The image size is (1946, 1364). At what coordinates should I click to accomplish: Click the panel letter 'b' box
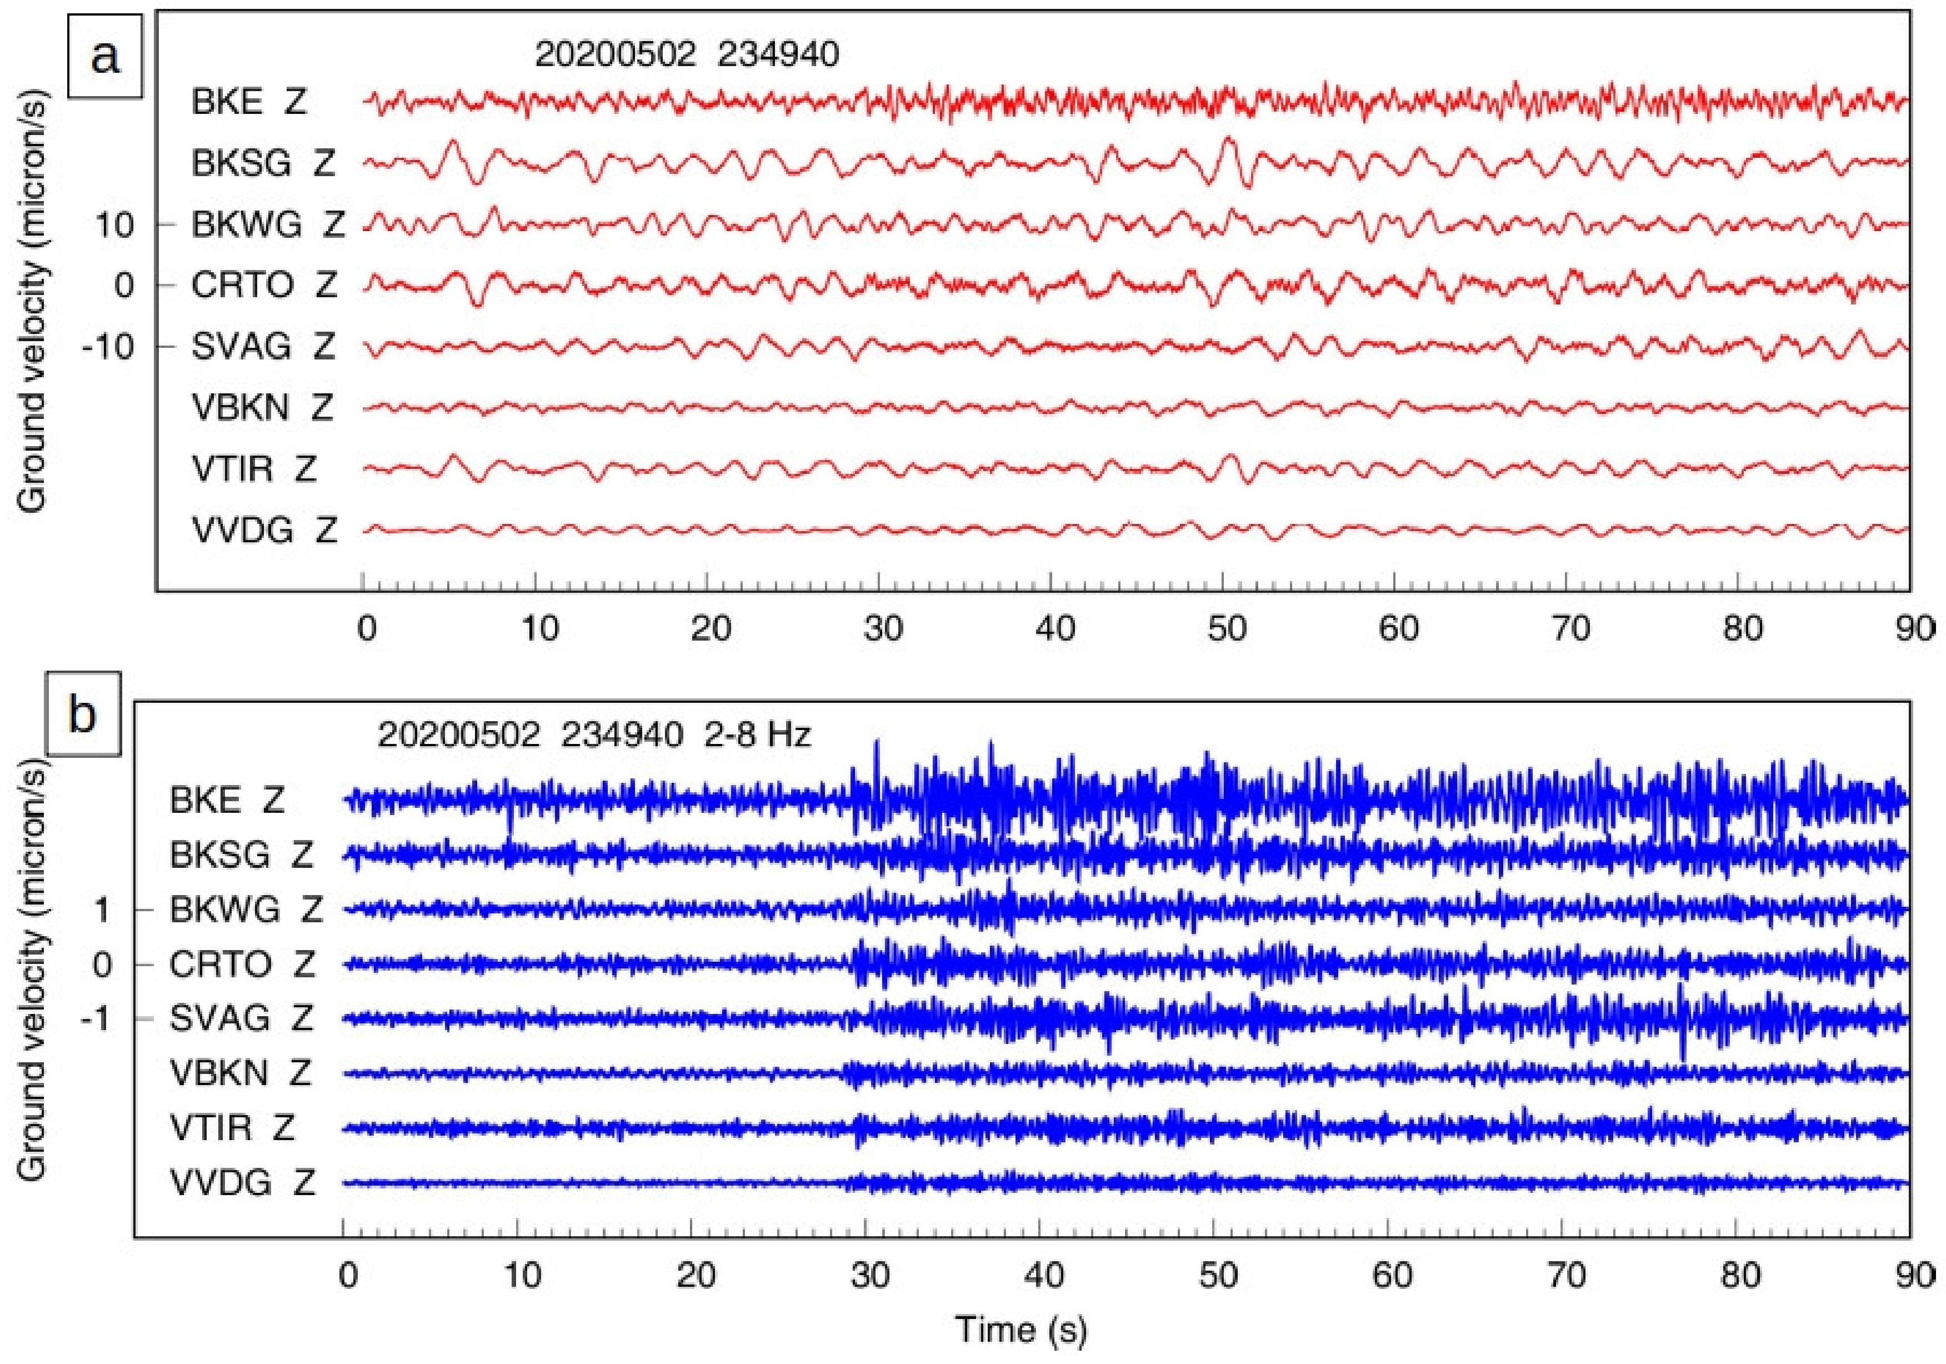coord(82,714)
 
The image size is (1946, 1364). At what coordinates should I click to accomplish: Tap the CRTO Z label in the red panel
coord(263,286)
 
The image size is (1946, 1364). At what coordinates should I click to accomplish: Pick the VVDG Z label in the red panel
coord(263,531)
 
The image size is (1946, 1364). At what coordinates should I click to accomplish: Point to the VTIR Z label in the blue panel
coord(232,1127)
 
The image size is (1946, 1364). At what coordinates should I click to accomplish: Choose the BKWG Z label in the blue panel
coord(246,910)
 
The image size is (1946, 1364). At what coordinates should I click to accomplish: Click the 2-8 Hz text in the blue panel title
coord(757,734)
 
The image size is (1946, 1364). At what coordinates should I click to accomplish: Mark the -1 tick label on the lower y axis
coord(95,1018)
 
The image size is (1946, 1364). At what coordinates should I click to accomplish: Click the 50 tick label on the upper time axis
coord(1227,629)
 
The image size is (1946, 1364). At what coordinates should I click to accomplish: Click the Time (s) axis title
coord(1020,1328)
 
